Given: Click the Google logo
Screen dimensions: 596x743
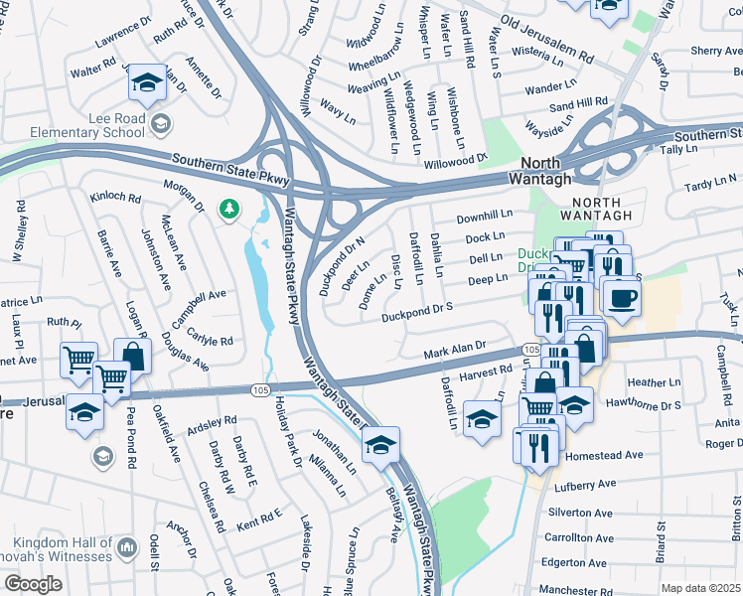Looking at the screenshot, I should (33, 584).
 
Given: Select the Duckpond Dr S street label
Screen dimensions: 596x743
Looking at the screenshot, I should (416, 312).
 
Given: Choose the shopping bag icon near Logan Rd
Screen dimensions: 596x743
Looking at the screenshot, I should (132, 357).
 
